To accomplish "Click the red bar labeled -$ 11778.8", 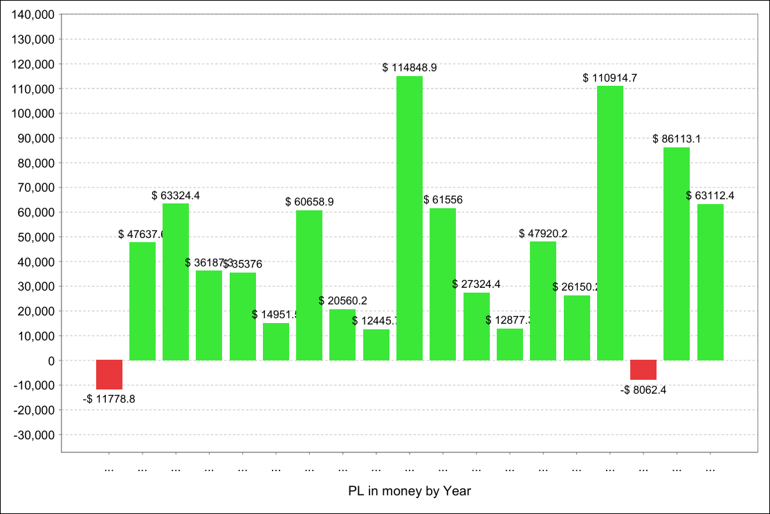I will [x=109, y=374].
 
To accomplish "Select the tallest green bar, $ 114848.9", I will [x=410, y=218].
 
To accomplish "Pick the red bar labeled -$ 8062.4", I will [x=643, y=369].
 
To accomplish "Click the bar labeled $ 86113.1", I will [x=677, y=253].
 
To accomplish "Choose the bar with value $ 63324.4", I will [x=176, y=282].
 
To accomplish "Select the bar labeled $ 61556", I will [x=443, y=284].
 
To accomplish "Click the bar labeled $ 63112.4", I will [x=711, y=282].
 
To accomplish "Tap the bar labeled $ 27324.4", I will [x=477, y=326].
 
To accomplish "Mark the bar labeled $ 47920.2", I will [x=543, y=300].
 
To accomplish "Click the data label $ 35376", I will [x=243, y=264].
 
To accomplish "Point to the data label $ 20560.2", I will [x=343, y=300].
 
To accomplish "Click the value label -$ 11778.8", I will [x=109, y=399].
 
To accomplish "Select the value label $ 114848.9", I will [x=410, y=68].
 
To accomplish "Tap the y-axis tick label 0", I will [x=51, y=360].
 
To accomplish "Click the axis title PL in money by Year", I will [x=410, y=491].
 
